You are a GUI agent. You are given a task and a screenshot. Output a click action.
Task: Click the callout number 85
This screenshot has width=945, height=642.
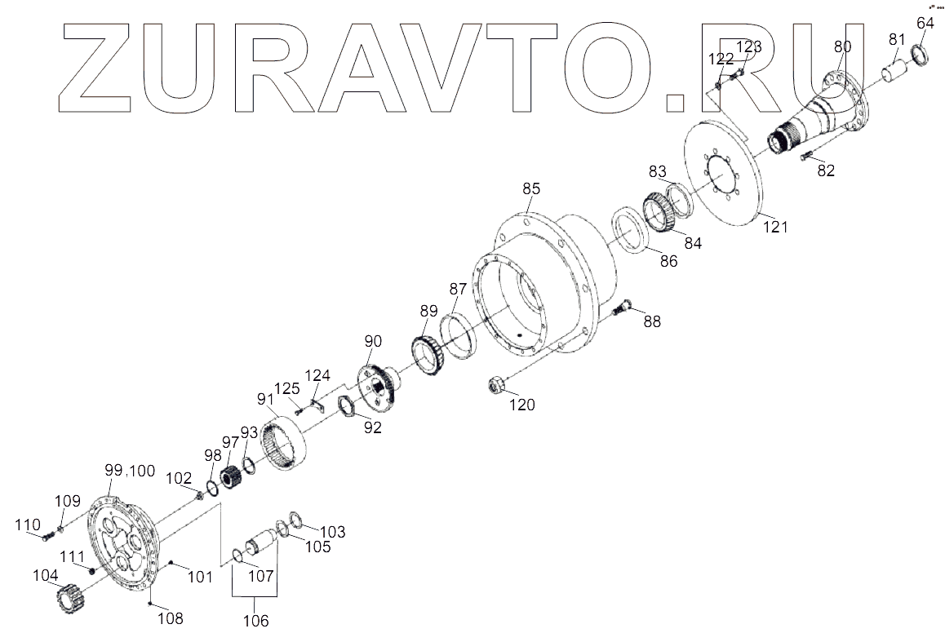pos(531,189)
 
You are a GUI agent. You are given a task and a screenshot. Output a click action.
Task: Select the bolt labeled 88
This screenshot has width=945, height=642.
pos(625,308)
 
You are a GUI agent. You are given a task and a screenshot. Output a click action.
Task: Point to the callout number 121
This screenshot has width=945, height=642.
pos(774,227)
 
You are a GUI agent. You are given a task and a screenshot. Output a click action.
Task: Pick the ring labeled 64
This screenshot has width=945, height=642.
pos(919,56)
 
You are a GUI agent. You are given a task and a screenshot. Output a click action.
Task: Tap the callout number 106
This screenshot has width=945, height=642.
pos(255,621)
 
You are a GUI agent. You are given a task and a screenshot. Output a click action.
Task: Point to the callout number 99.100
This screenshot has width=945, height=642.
pos(129,471)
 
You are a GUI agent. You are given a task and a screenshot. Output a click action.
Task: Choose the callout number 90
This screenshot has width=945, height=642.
pos(373,341)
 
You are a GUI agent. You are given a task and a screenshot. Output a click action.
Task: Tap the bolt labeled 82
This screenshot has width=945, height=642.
pos(805,156)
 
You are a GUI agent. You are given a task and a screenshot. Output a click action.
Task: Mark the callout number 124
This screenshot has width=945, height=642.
pos(317,375)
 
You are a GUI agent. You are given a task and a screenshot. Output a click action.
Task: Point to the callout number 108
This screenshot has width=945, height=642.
pos(170,618)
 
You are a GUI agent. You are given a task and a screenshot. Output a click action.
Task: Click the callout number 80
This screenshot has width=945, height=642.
pos(842,46)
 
